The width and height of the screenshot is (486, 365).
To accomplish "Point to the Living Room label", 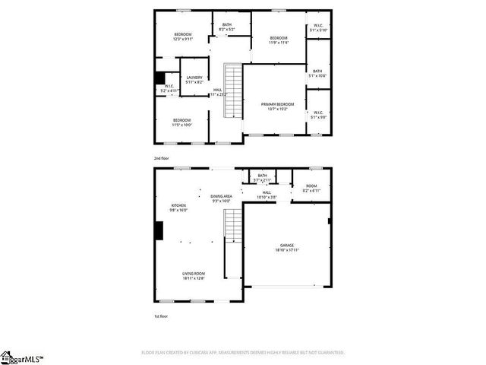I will (x=194, y=275).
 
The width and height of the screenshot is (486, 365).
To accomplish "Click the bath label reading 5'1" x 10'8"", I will (x=317, y=73).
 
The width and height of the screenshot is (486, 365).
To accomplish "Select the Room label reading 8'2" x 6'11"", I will (x=311, y=188).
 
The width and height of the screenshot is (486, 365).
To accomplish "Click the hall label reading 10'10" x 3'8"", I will (x=267, y=195).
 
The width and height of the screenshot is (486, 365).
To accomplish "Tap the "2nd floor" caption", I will (x=161, y=158).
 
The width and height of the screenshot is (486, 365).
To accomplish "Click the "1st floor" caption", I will (x=160, y=314).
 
